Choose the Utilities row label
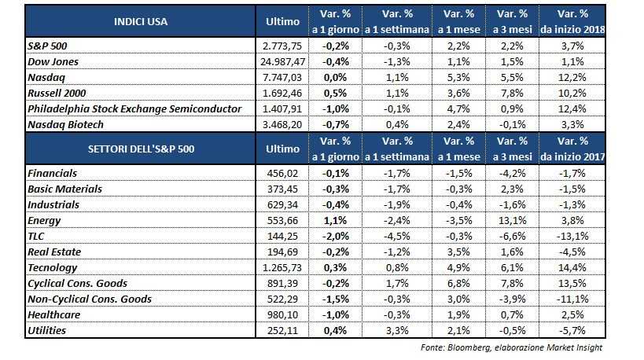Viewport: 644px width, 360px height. (47, 332)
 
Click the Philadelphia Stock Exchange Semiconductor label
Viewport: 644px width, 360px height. (133, 108)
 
